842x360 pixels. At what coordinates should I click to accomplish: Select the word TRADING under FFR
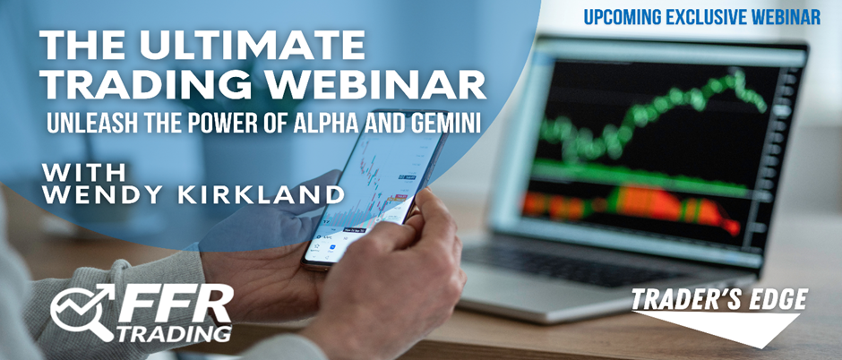pyautogui.click(x=175, y=332)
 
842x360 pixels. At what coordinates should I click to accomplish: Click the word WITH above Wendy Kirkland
pyautogui.click(x=83, y=172)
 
